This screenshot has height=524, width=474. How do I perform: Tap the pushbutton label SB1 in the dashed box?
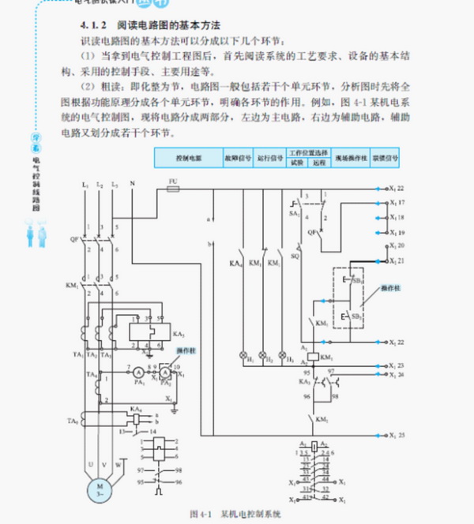pos(356,279)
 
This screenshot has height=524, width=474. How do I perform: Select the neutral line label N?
pos(131,183)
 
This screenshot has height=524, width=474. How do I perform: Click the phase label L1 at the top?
pos(84,183)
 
